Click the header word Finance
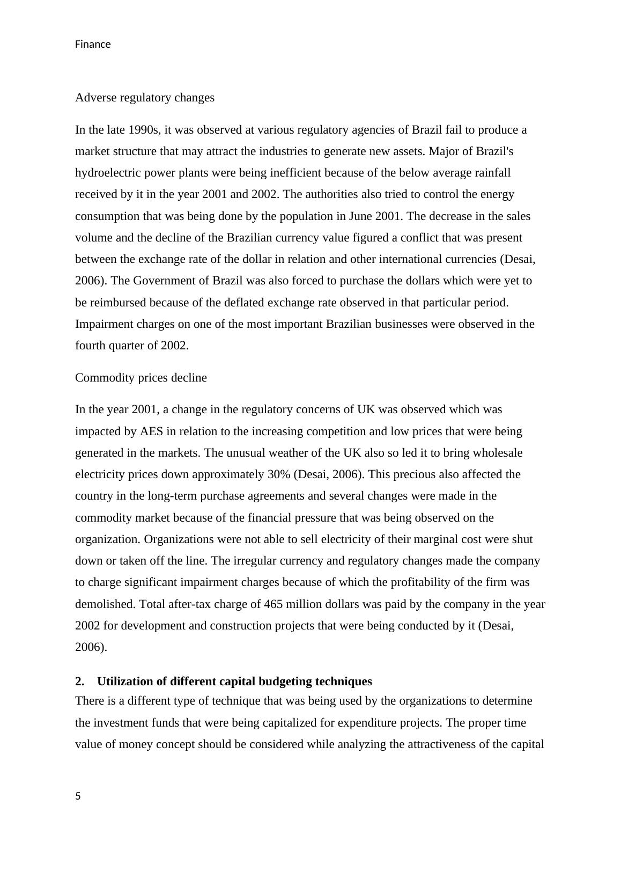click(93, 45)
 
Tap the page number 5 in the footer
click(78, 796)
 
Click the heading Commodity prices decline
click(141, 378)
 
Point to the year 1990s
click(143, 130)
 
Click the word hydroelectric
click(107, 173)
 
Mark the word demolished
click(105, 604)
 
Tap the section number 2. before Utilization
click(80, 682)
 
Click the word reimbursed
click(118, 303)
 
